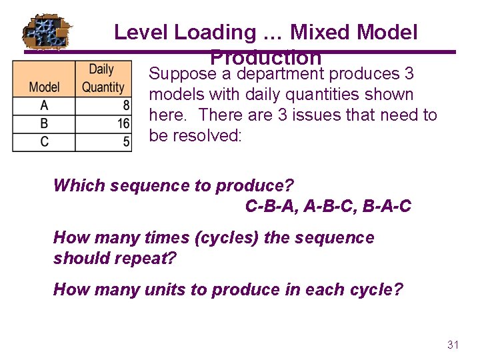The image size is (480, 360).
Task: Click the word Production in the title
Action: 265,57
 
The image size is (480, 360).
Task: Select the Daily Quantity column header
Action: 103,78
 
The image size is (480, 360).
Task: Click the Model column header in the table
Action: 44,87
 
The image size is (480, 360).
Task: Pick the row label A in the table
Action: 44,106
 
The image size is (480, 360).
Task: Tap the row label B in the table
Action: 44,124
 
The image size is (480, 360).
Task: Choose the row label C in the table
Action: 44,141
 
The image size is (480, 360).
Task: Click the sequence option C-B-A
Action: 271,207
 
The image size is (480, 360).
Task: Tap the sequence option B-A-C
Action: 387,207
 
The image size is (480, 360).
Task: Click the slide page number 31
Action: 453,345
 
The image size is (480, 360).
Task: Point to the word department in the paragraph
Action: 280,73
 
